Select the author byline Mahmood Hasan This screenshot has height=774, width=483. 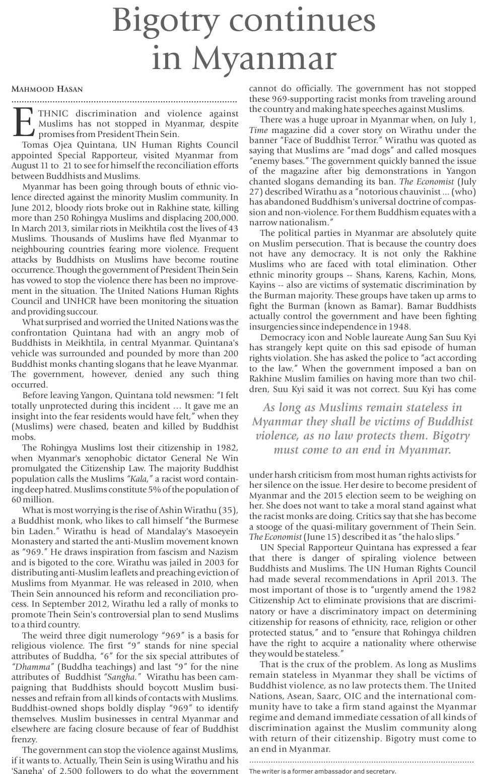tap(47, 89)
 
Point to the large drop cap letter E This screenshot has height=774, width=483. tap(23, 122)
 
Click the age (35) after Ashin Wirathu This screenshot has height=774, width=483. tap(228, 510)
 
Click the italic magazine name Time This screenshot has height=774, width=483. tap(258, 130)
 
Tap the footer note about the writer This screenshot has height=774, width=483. tap(322, 770)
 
